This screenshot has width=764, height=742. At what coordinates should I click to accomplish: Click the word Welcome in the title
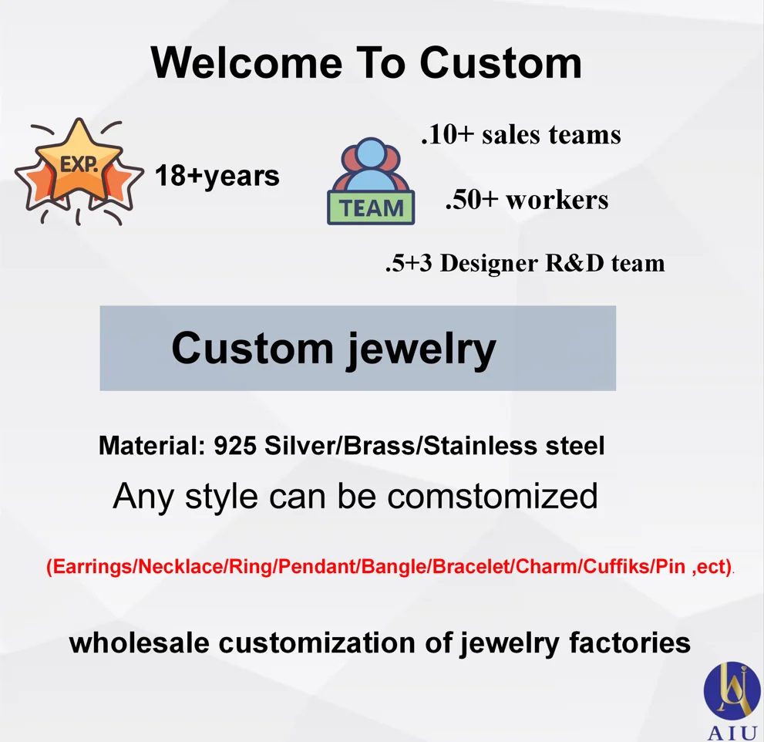point(247,63)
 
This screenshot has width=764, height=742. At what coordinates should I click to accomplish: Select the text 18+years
point(217,177)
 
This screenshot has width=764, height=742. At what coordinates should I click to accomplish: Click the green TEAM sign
point(371,208)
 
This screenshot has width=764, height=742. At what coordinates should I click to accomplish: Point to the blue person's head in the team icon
point(371,153)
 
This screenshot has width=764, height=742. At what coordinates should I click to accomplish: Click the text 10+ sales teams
point(521,134)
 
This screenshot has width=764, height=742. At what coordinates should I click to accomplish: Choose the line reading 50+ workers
point(527,200)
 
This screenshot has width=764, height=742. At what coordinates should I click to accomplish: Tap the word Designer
point(489,263)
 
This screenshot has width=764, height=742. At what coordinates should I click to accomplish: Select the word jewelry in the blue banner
point(422,349)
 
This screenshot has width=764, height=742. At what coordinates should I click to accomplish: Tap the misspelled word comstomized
point(493,496)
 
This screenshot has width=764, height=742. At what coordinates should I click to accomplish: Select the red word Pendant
point(318,566)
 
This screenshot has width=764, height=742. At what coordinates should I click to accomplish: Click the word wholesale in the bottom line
point(140,643)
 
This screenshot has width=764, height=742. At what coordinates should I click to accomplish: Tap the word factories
point(630,643)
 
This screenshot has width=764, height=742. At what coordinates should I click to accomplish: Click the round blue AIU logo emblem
point(732,690)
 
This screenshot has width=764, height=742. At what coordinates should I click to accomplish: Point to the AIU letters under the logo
point(732,734)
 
